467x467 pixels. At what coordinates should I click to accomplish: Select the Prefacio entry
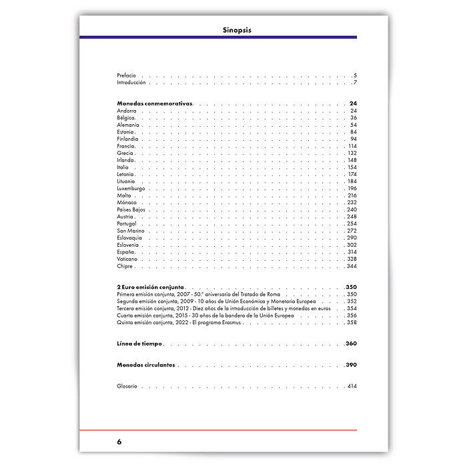click(126, 75)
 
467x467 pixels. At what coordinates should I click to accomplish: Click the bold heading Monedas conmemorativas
click(155, 104)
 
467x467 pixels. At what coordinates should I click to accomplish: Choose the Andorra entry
click(127, 111)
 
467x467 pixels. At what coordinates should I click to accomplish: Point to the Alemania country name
click(128, 125)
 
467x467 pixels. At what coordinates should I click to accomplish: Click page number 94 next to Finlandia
click(353, 139)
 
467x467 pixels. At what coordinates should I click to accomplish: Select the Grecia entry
click(125, 153)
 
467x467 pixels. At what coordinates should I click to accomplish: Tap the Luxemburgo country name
click(131, 188)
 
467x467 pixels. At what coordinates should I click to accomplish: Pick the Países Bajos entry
click(131, 209)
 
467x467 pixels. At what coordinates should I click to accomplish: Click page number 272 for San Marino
click(352, 231)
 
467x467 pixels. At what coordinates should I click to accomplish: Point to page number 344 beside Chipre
click(352, 266)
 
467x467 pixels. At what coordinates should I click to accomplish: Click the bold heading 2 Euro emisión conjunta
click(151, 287)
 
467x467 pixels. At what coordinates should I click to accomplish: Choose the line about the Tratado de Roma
click(198, 294)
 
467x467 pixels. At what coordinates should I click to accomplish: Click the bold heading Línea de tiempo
click(139, 344)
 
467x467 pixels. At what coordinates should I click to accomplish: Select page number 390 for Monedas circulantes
click(352, 365)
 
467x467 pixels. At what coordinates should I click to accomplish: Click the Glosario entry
click(127, 386)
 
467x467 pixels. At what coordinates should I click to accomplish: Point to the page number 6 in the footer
click(119, 442)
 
